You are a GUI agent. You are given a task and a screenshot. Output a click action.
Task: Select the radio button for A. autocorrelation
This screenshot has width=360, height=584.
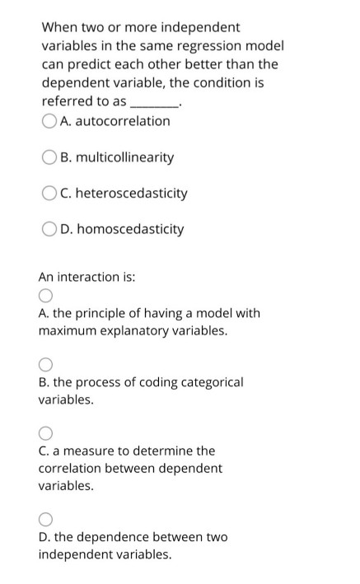pos(49,121)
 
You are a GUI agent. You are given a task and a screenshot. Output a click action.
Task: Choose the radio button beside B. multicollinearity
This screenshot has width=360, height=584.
pos(49,157)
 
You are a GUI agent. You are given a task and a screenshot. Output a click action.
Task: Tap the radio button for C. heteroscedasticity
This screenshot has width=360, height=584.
pos(49,194)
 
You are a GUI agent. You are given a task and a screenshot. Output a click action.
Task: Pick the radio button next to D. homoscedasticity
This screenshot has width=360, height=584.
pos(49,229)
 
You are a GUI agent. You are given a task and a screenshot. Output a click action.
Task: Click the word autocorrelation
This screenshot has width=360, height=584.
pos(123,121)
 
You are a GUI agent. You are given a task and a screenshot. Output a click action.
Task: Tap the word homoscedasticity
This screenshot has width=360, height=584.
pos(132,228)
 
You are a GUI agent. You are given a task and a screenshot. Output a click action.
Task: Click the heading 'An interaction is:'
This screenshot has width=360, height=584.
pos(86,277)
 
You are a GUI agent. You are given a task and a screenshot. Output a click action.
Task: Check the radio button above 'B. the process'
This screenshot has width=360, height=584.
pos(45,365)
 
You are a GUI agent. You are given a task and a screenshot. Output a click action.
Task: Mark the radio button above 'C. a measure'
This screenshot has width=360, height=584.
pos(45,433)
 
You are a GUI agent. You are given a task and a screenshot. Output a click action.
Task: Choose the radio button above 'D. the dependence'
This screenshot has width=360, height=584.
pos(45,520)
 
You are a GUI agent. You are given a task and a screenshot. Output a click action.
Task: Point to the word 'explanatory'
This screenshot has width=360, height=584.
pos(141,331)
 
